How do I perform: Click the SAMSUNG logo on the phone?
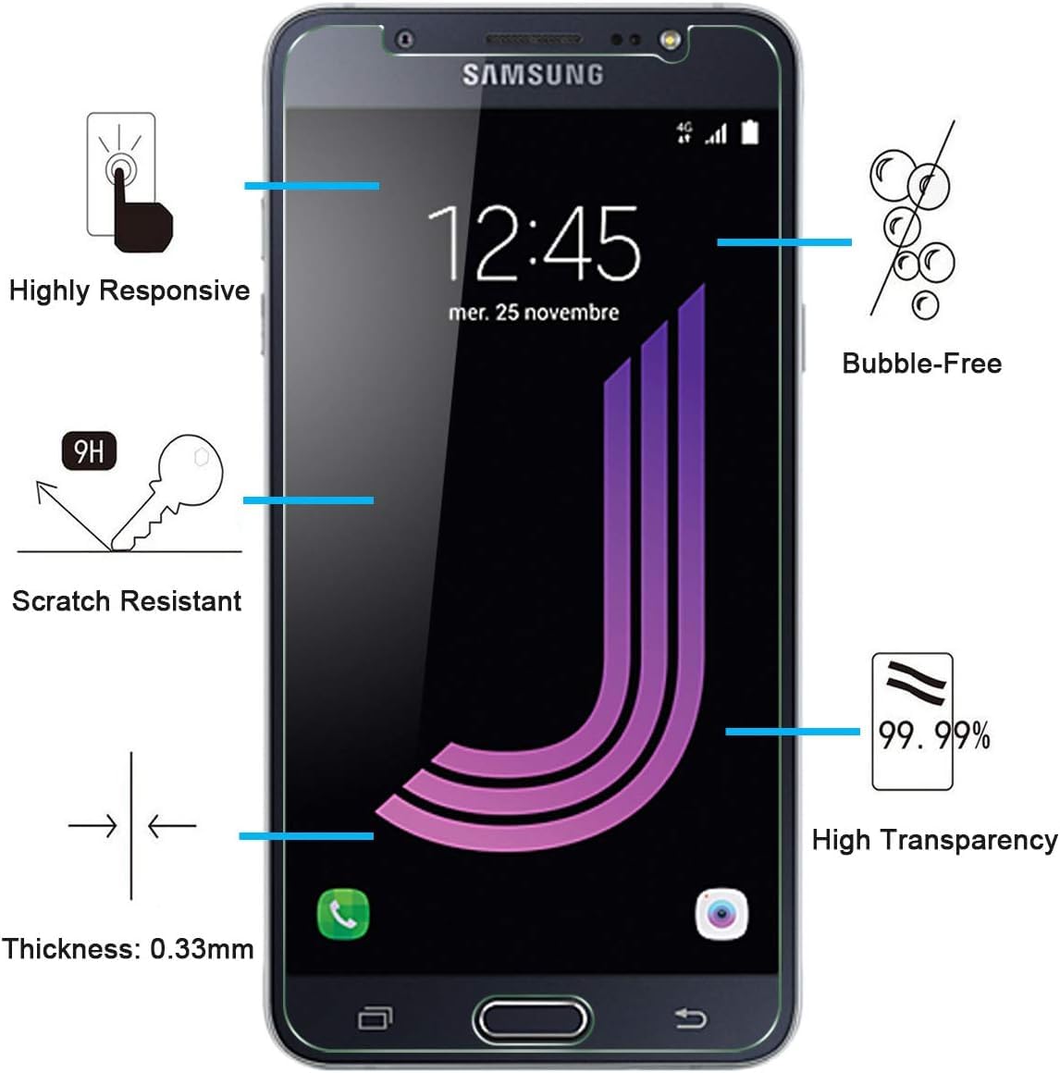coord(532,75)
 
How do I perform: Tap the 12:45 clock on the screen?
coord(533,243)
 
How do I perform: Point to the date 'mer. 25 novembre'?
coord(533,313)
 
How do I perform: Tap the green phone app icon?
coord(343,915)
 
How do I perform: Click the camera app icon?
coord(721,915)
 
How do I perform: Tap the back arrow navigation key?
coord(690,1018)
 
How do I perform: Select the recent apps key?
coord(375,1018)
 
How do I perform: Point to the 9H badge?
coord(89,451)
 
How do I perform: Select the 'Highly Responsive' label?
coord(129,290)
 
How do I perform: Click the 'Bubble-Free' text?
coord(921,363)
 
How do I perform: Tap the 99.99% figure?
coord(933,735)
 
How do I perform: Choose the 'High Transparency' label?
coord(934,840)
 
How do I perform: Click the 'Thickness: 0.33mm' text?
coord(128,949)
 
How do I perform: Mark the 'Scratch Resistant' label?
coord(127,601)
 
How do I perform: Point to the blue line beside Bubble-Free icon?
coord(783,242)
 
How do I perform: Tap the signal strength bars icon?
coord(716,135)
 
